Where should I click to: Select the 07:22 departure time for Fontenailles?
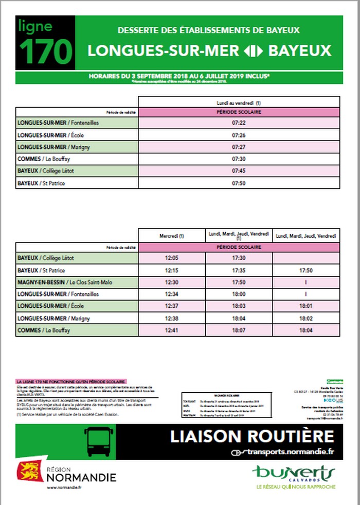point(239,123)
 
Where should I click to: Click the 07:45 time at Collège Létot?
point(239,171)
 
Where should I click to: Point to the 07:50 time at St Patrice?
point(239,183)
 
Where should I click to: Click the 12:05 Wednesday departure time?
point(172,258)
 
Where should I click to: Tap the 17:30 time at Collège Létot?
point(239,258)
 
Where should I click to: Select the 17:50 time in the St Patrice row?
point(305,270)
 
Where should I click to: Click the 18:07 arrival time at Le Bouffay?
point(239,329)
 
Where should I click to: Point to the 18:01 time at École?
point(305,306)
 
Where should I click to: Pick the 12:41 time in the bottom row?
point(172,329)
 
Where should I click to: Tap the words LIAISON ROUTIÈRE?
point(252,436)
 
